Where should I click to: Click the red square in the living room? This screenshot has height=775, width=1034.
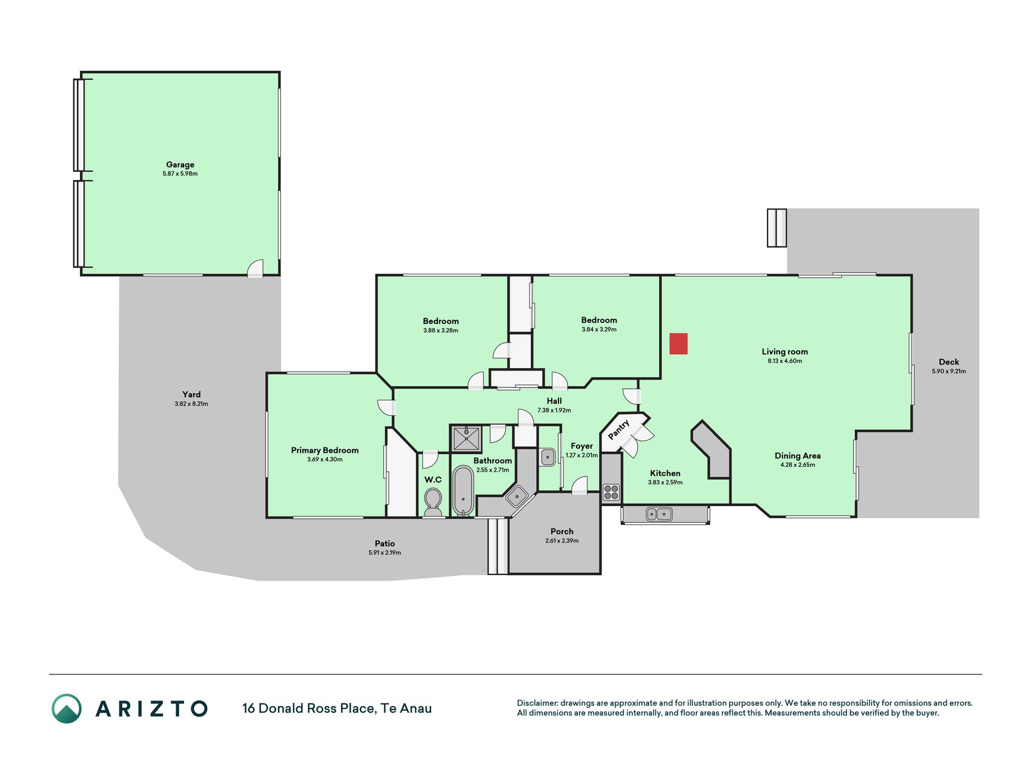pos(678,343)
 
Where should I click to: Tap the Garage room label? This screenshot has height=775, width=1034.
pos(181,165)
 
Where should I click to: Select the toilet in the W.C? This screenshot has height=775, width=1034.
pos(432,503)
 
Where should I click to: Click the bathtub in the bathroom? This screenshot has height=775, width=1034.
pos(463,490)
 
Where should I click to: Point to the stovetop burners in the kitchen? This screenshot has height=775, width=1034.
pos(611,492)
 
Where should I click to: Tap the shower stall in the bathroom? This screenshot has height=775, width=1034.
pos(466,438)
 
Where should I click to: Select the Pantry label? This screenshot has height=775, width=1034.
pos(619,429)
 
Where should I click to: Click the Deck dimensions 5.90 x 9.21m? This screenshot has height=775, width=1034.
pos(949,371)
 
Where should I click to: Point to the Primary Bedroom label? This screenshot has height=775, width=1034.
pos(325,450)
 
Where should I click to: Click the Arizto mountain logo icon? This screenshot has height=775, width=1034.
pos(67,708)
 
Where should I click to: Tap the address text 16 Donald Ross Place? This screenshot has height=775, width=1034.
pos(309,708)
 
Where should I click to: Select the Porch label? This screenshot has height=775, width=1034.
pos(562,532)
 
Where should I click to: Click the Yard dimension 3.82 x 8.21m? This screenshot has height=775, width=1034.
pos(191,404)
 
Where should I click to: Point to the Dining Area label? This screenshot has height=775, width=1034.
pos(798,456)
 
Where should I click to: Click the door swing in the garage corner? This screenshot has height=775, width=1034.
pos(256,268)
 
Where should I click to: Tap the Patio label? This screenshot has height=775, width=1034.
pos(385,544)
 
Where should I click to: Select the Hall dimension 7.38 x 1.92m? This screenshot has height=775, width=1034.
pos(554,411)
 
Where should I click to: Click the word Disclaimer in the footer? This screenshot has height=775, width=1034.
pos(537,703)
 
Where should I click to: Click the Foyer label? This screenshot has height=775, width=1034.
pos(582,446)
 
